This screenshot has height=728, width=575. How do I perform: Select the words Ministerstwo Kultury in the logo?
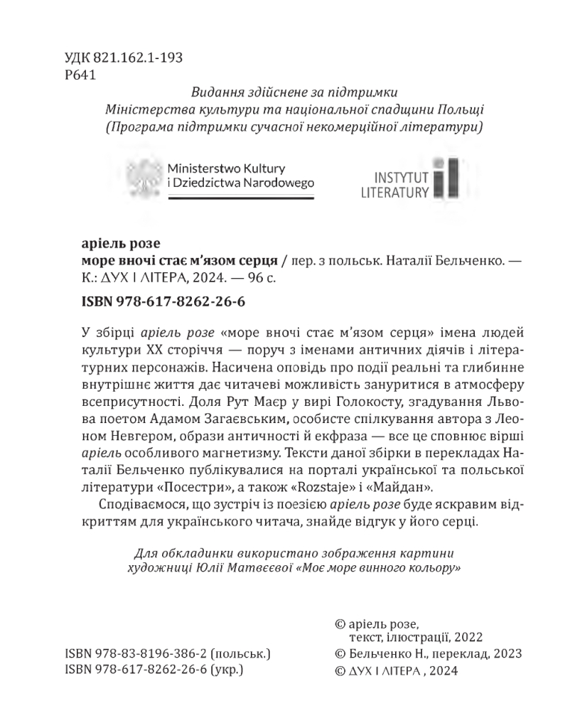pos(225,168)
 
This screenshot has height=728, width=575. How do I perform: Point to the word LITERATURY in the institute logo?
pos(394,192)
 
